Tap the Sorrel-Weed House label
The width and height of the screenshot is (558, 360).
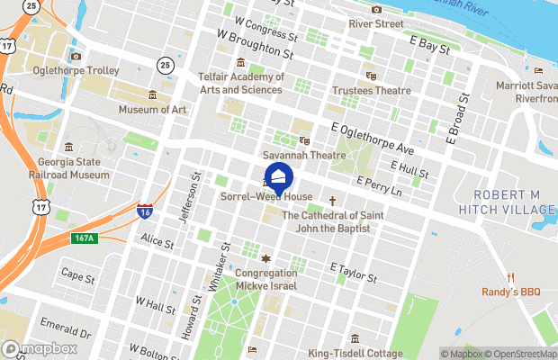(x=266, y=196)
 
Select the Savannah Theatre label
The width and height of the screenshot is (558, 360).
(x=304, y=156)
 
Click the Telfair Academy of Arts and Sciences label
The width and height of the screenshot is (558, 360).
(x=241, y=83)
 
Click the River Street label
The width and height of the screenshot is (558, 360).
(x=376, y=23)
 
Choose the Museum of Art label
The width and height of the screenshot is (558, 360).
(x=153, y=110)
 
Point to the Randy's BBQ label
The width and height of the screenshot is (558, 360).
(x=509, y=292)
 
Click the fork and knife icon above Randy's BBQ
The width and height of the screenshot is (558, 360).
(x=509, y=276)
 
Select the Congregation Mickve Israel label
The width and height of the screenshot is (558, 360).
(x=265, y=279)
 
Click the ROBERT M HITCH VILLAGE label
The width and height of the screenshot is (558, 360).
(x=513, y=202)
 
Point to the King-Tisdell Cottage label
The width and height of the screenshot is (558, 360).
(x=355, y=353)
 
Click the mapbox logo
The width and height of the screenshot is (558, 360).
(x=39, y=348)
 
